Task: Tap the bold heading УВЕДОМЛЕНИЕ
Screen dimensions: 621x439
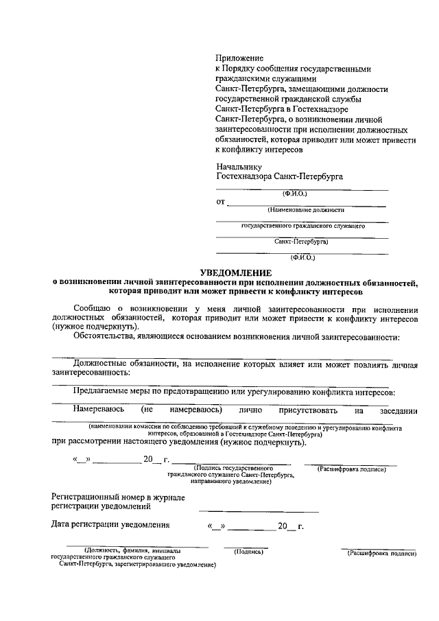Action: point(235,272)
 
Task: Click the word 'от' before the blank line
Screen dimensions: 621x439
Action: point(220,202)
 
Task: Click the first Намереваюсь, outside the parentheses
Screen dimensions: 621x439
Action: point(99,410)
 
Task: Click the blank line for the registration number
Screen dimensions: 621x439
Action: point(259,511)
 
